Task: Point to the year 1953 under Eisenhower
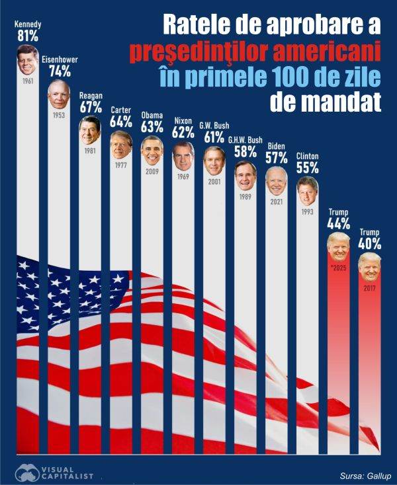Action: point(58,115)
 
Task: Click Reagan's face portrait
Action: point(90,130)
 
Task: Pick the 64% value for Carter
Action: point(121,122)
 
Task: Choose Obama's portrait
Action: point(152,151)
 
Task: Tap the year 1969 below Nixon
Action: point(183,177)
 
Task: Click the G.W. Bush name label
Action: point(214,125)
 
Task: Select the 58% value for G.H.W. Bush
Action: point(245,151)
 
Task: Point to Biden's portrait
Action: point(277,180)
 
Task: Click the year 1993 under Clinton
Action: point(308,212)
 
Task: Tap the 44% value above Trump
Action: point(339,223)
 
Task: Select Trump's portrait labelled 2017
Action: point(370,266)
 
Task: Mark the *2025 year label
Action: point(339,269)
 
